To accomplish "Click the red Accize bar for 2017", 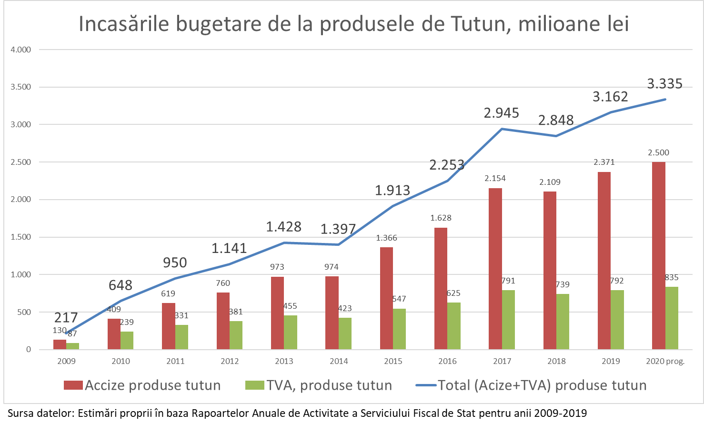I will pos(495,269).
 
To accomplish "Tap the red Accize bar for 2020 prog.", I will pos(659,256).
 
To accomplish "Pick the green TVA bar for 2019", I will pos(617,320).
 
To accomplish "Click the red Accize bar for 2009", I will pos(60,344).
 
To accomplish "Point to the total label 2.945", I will pos(502,113).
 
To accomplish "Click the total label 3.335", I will pos(665,84).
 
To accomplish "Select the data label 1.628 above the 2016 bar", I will pos(441,218).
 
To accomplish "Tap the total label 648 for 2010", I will pos(120,285).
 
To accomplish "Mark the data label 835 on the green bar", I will pos(671,277).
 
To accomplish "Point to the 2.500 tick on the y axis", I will pos(21,162).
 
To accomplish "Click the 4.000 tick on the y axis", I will pos(21,50).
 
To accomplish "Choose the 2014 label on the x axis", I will pos(339,361).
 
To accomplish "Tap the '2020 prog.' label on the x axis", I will pos(665,361).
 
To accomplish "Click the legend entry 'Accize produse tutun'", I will pos(142,385).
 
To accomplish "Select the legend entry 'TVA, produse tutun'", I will pos(319,385).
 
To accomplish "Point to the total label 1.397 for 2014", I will pos(338,229).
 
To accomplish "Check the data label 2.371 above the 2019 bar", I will pos(604,162).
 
